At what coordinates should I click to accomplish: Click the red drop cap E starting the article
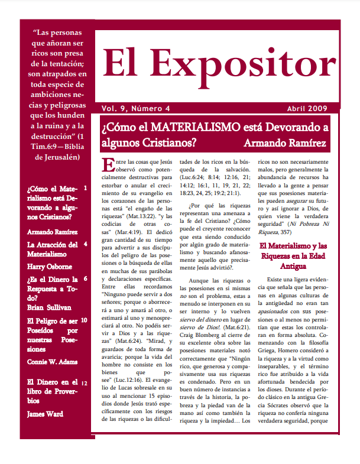tap(106, 165)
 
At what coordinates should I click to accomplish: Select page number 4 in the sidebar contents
tap(86, 244)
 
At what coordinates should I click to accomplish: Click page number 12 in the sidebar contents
tap(85, 383)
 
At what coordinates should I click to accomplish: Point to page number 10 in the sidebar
tap(85, 320)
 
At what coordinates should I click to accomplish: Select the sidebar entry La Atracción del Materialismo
tap(52, 249)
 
